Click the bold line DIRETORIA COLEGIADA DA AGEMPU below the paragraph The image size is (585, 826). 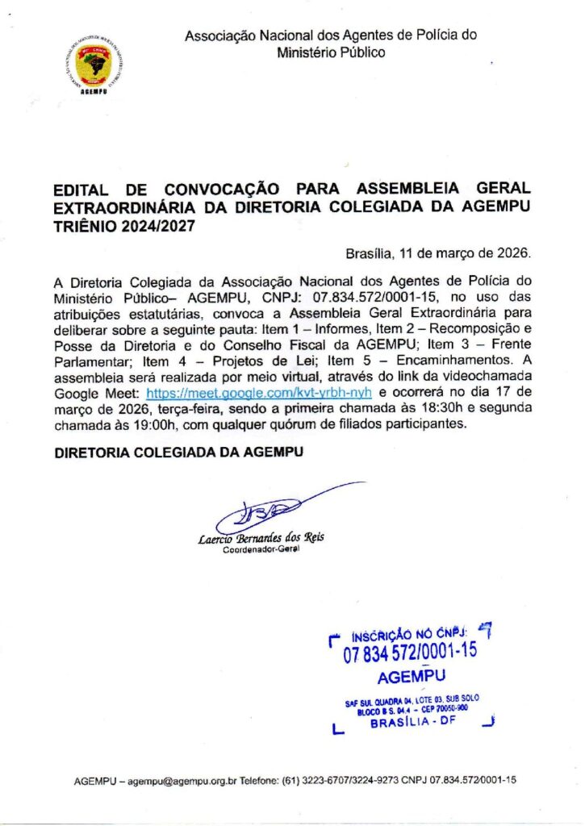[x=178, y=453]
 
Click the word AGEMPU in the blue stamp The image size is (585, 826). [x=411, y=676]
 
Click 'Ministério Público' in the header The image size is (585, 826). [x=331, y=52]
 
